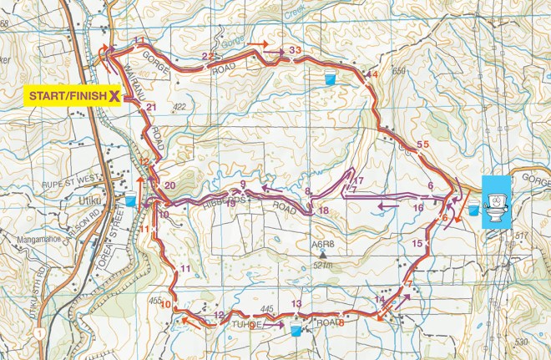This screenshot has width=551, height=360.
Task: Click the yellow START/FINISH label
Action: pyautogui.click(x=67, y=96)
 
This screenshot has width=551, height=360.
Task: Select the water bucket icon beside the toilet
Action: pyautogui.click(x=473, y=205)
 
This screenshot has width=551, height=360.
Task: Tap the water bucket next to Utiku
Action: pyautogui.click(x=131, y=200)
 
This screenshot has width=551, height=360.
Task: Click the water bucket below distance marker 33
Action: pyautogui.click(x=331, y=79)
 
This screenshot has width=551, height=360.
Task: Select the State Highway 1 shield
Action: pyautogui.click(x=39, y=332)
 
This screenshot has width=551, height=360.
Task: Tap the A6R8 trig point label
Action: pyautogui.click(x=322, y=244)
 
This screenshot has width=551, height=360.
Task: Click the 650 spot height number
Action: pyautogui.click(x=398, y=72)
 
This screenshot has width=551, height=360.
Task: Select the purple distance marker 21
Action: pyautogui.click(x=151, y=107)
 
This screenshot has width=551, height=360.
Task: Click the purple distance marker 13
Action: pyautogui.click(x=296, y=303)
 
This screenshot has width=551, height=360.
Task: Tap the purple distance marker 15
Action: pyautogui.click(x=417, y=243)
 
